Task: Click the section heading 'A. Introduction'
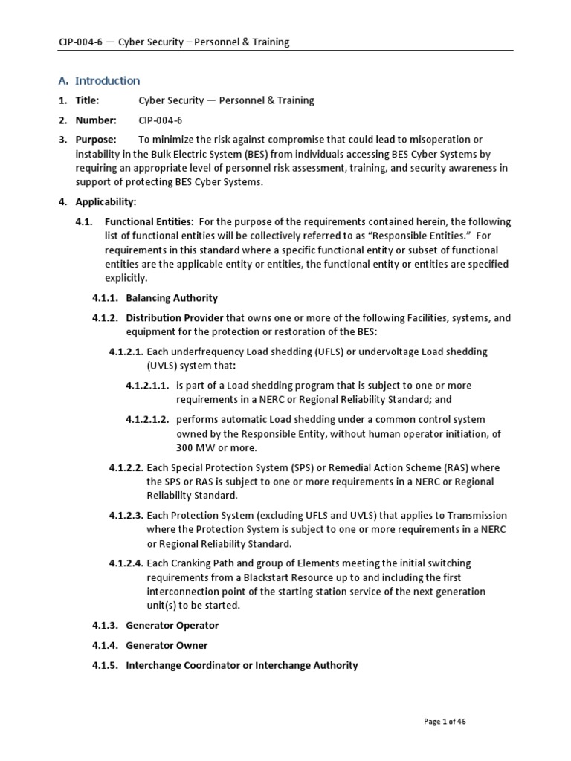click(x=99, y=80)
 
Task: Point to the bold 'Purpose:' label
click(x=95, y=140)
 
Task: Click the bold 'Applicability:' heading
click(x=106, y=201)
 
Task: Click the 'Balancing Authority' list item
click(x=172, y=298)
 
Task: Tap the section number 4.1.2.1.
click(x=126, y=352)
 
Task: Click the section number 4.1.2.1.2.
click(x=147, y=419)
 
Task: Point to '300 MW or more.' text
click(x=216, y=447)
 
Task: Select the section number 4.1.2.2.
click(x=126, y=467)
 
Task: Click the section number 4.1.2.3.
click(x=126, y=515)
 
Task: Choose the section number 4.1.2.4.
click(x=126, y=563)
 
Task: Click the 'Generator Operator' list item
click(x=172, y=626)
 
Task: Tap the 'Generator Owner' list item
click(x=167, y=645)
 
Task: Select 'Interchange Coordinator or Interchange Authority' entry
click(x=242, y=665)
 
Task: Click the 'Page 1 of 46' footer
click(x=445, y=721)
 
